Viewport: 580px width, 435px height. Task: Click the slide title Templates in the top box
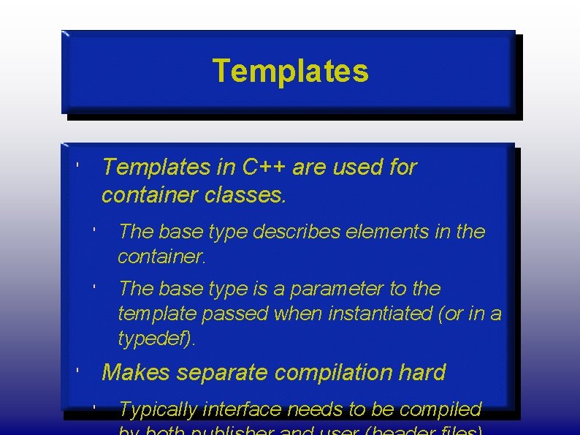click(290, 72)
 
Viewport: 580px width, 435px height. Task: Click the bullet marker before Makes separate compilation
click(77, 372)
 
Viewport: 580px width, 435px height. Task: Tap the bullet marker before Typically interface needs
click(95, 407)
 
